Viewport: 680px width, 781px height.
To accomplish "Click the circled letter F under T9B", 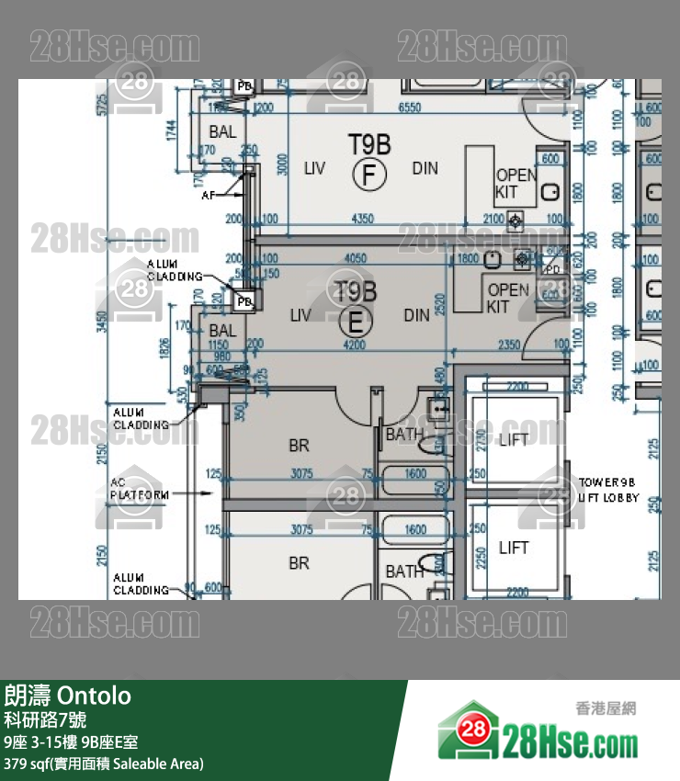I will coord(368,173).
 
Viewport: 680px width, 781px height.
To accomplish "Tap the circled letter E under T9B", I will coord(355,322).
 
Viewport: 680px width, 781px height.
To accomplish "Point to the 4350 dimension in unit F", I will coord(363,219).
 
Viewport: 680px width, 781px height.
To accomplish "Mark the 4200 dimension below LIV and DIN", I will coord(354,345).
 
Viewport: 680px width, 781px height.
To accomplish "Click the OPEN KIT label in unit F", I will coord(516,184).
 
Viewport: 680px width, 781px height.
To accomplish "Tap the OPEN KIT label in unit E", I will coord(507,298).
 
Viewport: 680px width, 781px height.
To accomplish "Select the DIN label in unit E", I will coord(416,315).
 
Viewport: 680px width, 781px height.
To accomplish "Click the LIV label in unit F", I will coord(315,168).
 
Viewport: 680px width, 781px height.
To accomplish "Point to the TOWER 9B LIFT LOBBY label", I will coord(606,489).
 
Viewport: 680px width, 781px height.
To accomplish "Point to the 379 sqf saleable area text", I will coord(104,764).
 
